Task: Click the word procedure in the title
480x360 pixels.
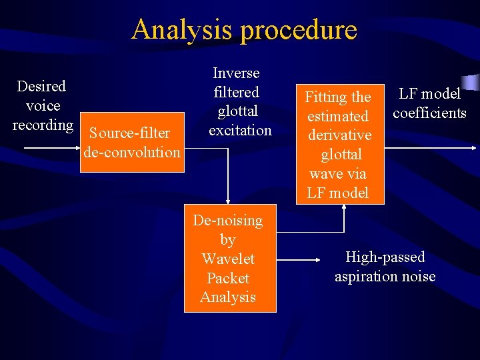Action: tap(301, 31)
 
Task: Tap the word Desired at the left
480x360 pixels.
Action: tap(41, 86)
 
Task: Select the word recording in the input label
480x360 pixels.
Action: tap(43, 125)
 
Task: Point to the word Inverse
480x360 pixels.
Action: tap(236, 73)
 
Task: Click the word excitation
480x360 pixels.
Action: tap(240, 130)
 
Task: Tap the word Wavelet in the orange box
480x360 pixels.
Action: tap(228, 259)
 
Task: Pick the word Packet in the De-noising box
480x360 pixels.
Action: tap(228, 278)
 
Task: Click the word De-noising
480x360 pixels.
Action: tap(228, 220)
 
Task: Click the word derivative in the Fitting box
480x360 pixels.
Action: tap(339, 135)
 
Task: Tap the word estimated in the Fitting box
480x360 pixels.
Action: tap(337, 116)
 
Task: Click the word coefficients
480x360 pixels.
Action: tap(429, 113)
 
